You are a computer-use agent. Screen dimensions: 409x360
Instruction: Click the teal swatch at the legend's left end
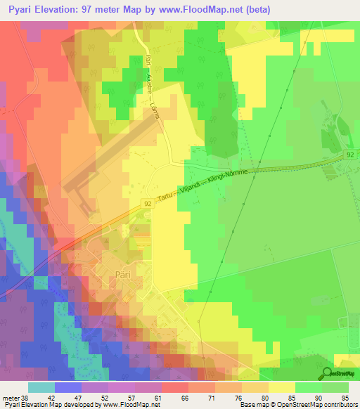pos(41,387)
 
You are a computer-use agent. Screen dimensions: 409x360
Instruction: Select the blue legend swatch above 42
pos(67,387)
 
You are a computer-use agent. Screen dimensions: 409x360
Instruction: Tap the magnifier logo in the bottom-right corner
pos(328,375)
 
